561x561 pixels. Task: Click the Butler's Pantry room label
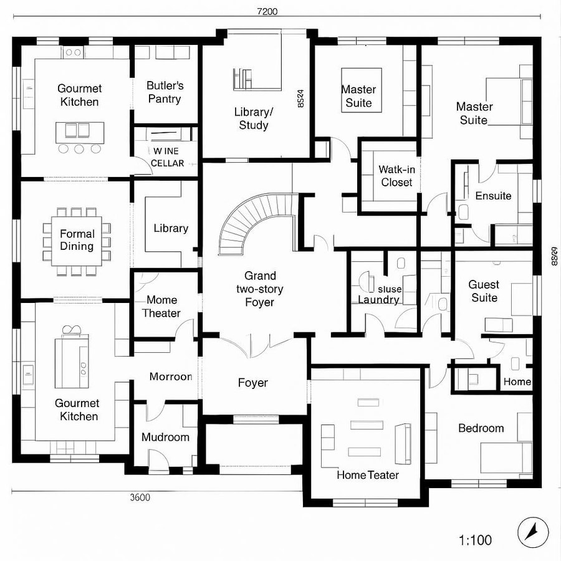[165, 92]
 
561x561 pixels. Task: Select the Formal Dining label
[77, 240]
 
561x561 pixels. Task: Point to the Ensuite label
[493, 196]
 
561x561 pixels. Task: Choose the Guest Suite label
[484, 291]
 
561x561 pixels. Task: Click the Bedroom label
[481, 428]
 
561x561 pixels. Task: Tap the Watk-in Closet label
[396, 176]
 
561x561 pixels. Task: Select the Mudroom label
[165, 437]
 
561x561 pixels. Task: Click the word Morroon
[170, 376]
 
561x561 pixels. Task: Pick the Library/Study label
[254, 118]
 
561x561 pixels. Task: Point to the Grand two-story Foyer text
[260, 289]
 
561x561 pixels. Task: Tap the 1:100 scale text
[474, 540]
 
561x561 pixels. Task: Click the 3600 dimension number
[140, 497]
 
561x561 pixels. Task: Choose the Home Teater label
[368, 475]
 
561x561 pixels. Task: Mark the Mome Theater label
[161, 307]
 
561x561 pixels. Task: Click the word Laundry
[378, 300]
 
